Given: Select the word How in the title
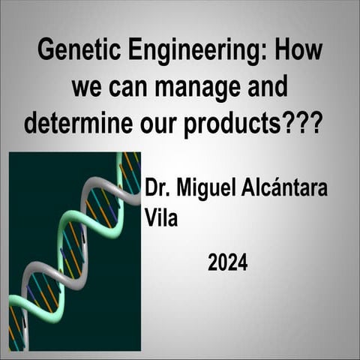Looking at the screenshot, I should click(299, 52).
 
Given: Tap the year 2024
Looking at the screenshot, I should click(227, 263).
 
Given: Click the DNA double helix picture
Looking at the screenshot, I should click(75, 251).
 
